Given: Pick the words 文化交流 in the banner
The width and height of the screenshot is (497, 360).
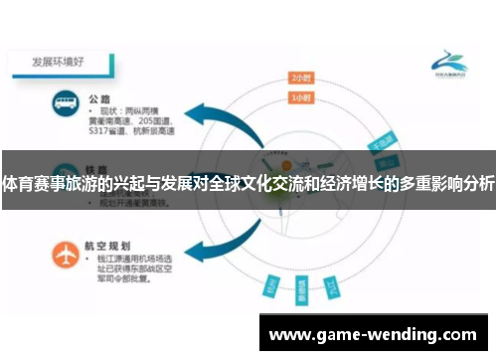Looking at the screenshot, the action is click(x=276, y=185).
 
